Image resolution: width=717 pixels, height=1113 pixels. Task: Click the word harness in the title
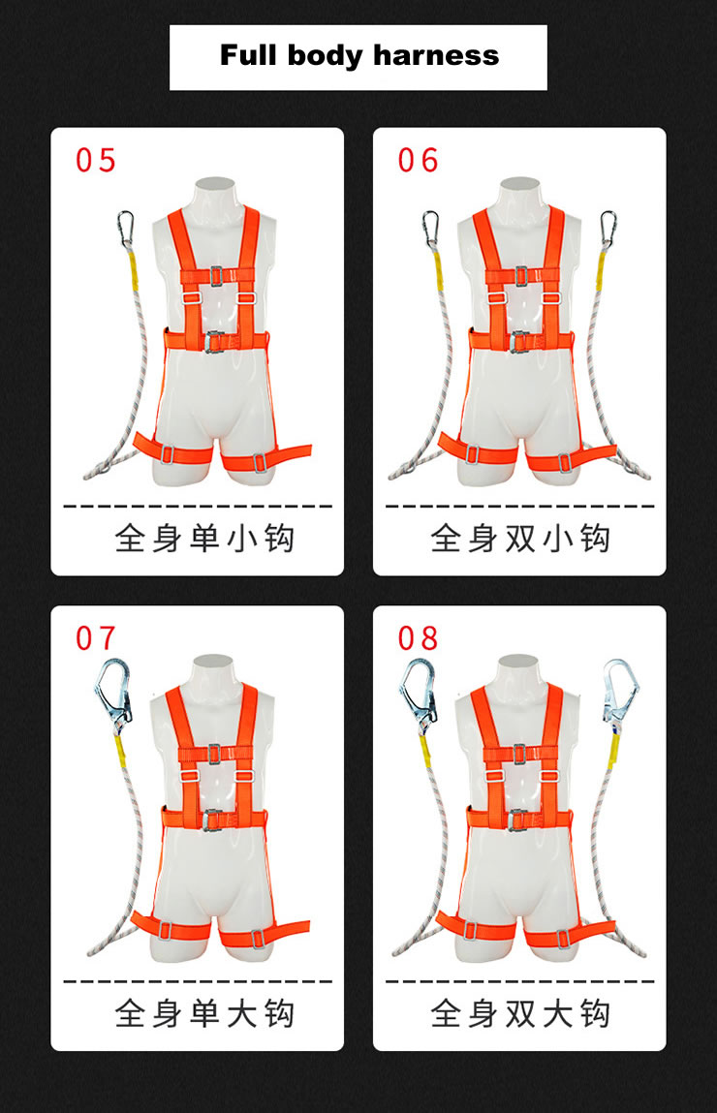[x=436, y=55]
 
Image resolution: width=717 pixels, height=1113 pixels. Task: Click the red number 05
[x=96, y=161]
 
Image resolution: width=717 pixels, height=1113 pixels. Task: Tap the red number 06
[x=419, y=161]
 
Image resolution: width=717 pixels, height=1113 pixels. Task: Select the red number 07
[x=96, y=638]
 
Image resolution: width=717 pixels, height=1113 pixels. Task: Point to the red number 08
[x=419, y=638]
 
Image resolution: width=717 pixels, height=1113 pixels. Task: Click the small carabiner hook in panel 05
[x=125, y=230]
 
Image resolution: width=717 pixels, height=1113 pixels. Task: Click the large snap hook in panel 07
[x=113, y=692]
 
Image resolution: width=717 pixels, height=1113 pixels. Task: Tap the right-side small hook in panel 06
[x=608, y=229]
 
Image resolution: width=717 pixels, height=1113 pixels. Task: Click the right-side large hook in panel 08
[x=620, y=692]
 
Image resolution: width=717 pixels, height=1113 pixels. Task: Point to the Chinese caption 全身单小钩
[x=204, y=538]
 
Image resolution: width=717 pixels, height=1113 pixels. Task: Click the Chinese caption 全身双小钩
[x=520, y=538]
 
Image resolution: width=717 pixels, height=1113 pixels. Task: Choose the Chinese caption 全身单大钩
[x=204, y=1013]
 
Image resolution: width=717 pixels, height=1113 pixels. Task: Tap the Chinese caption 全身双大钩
[x=520, y=1013]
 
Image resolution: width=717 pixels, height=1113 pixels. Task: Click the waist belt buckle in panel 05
[x=215, y=341]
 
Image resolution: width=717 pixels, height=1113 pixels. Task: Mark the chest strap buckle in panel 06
[x=521, y=276]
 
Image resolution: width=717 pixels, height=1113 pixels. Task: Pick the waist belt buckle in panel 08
[x=519, y=819]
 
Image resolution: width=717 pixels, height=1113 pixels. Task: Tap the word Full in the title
[x=248, y=54]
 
